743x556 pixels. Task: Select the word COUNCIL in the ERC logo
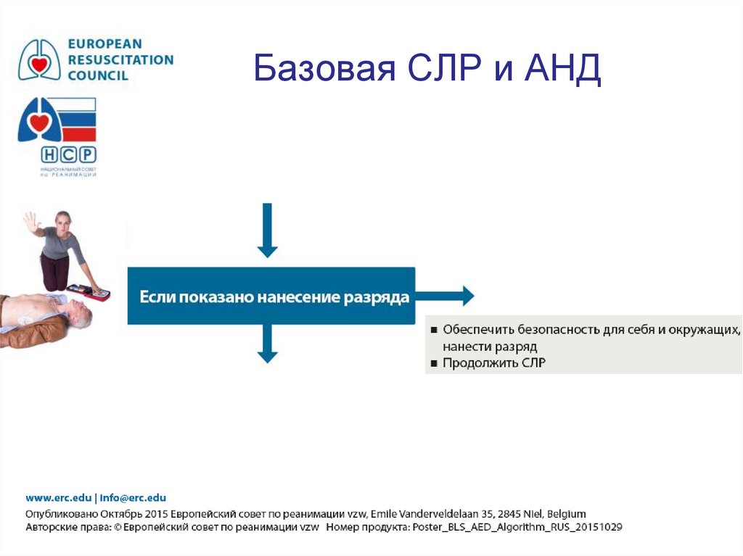[x=98, y=75]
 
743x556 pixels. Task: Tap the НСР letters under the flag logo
[x=68, y=155]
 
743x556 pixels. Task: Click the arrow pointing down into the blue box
[x=268, y=230]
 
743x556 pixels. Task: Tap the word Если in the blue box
[x=153, y=297]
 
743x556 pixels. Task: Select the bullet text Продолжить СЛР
[x=494, y=362]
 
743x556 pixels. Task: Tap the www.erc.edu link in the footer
[x=58, y=498]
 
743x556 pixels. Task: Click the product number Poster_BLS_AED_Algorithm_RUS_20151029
[x=517, y=527]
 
